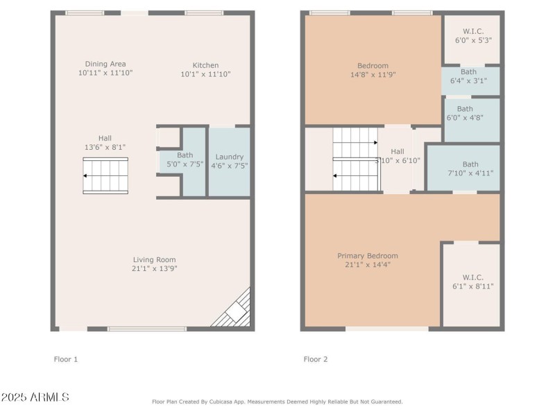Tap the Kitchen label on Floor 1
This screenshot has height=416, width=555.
click(x=205, y=64)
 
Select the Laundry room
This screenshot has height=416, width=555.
click(x=229, y=161)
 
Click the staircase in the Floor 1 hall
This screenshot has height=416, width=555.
click(x=105, y=176)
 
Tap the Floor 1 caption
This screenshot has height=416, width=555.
click(x=66, y=359)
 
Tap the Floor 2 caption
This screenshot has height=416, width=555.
click(x=316, y=359)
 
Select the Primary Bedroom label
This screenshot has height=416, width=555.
click(x=368, y=256)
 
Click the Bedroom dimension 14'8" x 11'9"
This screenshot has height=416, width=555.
click(x=373, y=74)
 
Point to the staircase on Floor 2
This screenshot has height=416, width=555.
click(x=356, y=159)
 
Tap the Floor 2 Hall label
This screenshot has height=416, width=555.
click(x=397, y=151)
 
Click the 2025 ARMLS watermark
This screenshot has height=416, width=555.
click(x=35, y=397)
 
